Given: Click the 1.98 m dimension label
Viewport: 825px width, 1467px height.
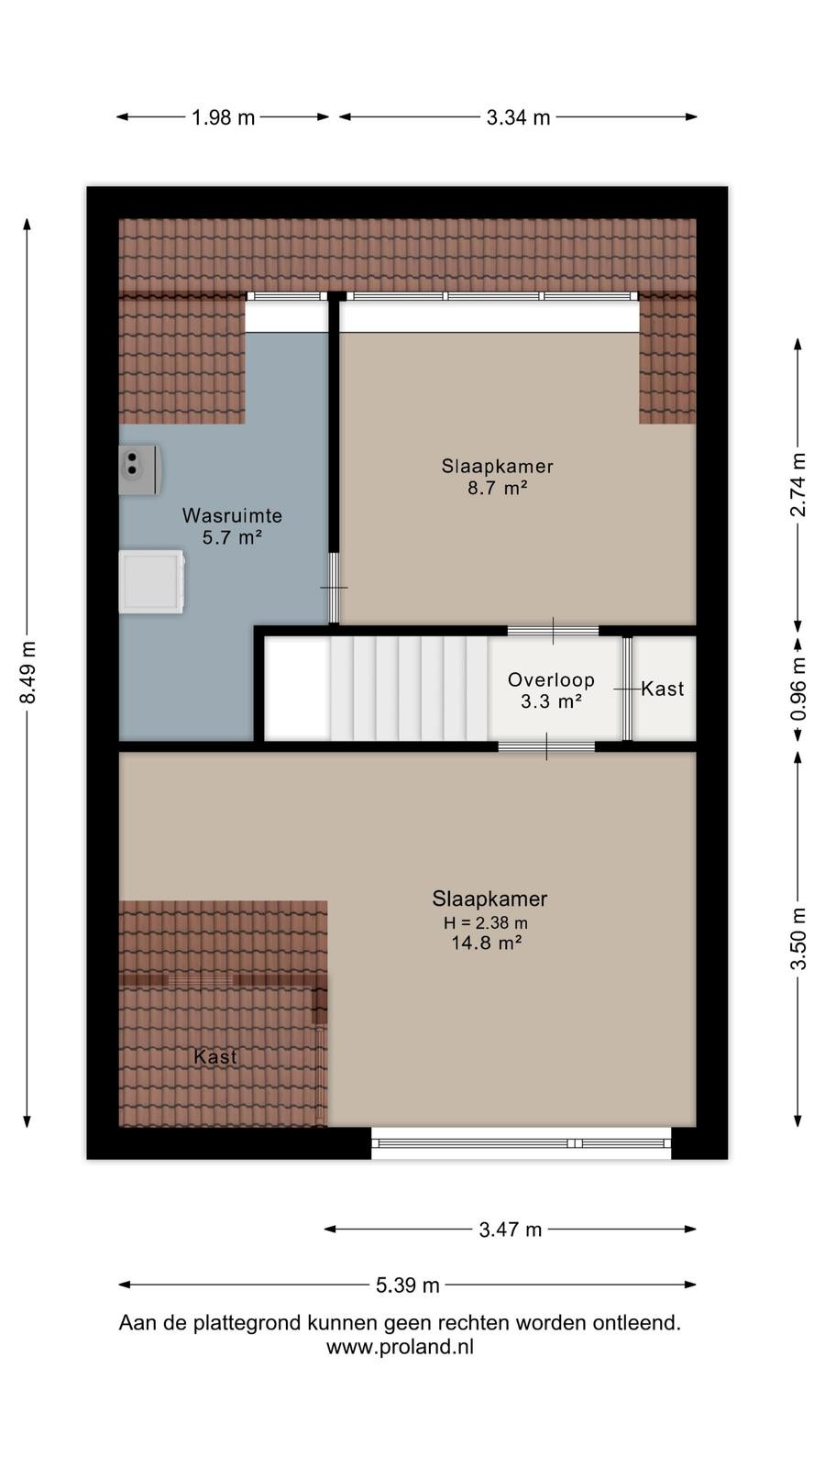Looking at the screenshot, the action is [223, 118].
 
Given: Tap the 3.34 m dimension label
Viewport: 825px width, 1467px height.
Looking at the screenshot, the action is [518, 118].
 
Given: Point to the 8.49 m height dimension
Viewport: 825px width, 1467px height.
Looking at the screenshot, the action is [27, 673].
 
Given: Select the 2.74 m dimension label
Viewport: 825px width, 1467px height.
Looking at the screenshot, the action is [798, 485].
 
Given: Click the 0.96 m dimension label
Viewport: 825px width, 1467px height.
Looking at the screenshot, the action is [798, 689].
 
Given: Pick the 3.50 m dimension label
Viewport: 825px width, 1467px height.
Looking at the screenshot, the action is [798, 939].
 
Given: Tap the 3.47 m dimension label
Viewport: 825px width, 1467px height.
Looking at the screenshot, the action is [510, 1230].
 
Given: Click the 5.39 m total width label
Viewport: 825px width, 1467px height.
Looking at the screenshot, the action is [407, 1285].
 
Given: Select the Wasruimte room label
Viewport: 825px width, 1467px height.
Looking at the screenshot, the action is [233, 515].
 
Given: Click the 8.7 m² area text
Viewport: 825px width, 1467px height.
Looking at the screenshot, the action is [498, 488].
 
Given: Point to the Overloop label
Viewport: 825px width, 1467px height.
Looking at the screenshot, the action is [551, 679].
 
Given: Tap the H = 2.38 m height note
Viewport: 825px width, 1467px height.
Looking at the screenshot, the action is [486, 922].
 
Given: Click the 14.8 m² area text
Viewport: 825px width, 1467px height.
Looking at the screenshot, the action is [487, 943].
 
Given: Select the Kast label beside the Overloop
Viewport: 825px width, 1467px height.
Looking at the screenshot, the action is [663, 689].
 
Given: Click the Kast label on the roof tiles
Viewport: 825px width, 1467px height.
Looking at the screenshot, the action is [215, 1056].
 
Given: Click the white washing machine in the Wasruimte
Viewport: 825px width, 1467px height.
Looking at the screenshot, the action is [151, 581].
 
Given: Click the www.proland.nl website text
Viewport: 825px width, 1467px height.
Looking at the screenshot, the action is [400, 1347].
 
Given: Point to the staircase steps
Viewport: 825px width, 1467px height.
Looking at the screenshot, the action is [409, 689].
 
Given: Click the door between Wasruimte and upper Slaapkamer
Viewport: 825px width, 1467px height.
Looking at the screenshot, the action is [334, 588].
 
